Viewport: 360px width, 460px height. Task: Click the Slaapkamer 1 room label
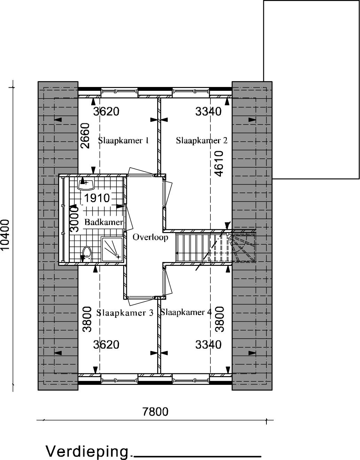click(x=123, y=141)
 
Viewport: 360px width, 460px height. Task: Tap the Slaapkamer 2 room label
click(x=202, y=140)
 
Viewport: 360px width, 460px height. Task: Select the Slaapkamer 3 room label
click(x=125, y=313)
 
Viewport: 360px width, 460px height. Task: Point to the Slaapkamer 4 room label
click(x=186, y=312)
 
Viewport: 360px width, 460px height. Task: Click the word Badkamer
click(x=104, y=222)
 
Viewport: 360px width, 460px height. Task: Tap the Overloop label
click(x=150, y=237)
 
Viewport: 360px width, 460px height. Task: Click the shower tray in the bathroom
click(x=112, y=249)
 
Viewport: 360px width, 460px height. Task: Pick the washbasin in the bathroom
click(x=86, y=184)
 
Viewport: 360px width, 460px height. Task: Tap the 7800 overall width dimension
click(x=155, y=417)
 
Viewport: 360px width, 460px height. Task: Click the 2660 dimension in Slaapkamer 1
click(x=85, y=136)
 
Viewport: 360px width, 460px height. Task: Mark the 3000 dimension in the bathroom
click(x=74, y=219)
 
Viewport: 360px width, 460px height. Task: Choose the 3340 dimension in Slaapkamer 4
click(x=208, y=344)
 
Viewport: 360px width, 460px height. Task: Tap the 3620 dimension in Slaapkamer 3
click(x=106, y=344)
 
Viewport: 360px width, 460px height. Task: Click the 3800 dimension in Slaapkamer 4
click(x=219, y=319)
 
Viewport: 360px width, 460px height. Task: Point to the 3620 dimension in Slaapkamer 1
click(x=106, y=112)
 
